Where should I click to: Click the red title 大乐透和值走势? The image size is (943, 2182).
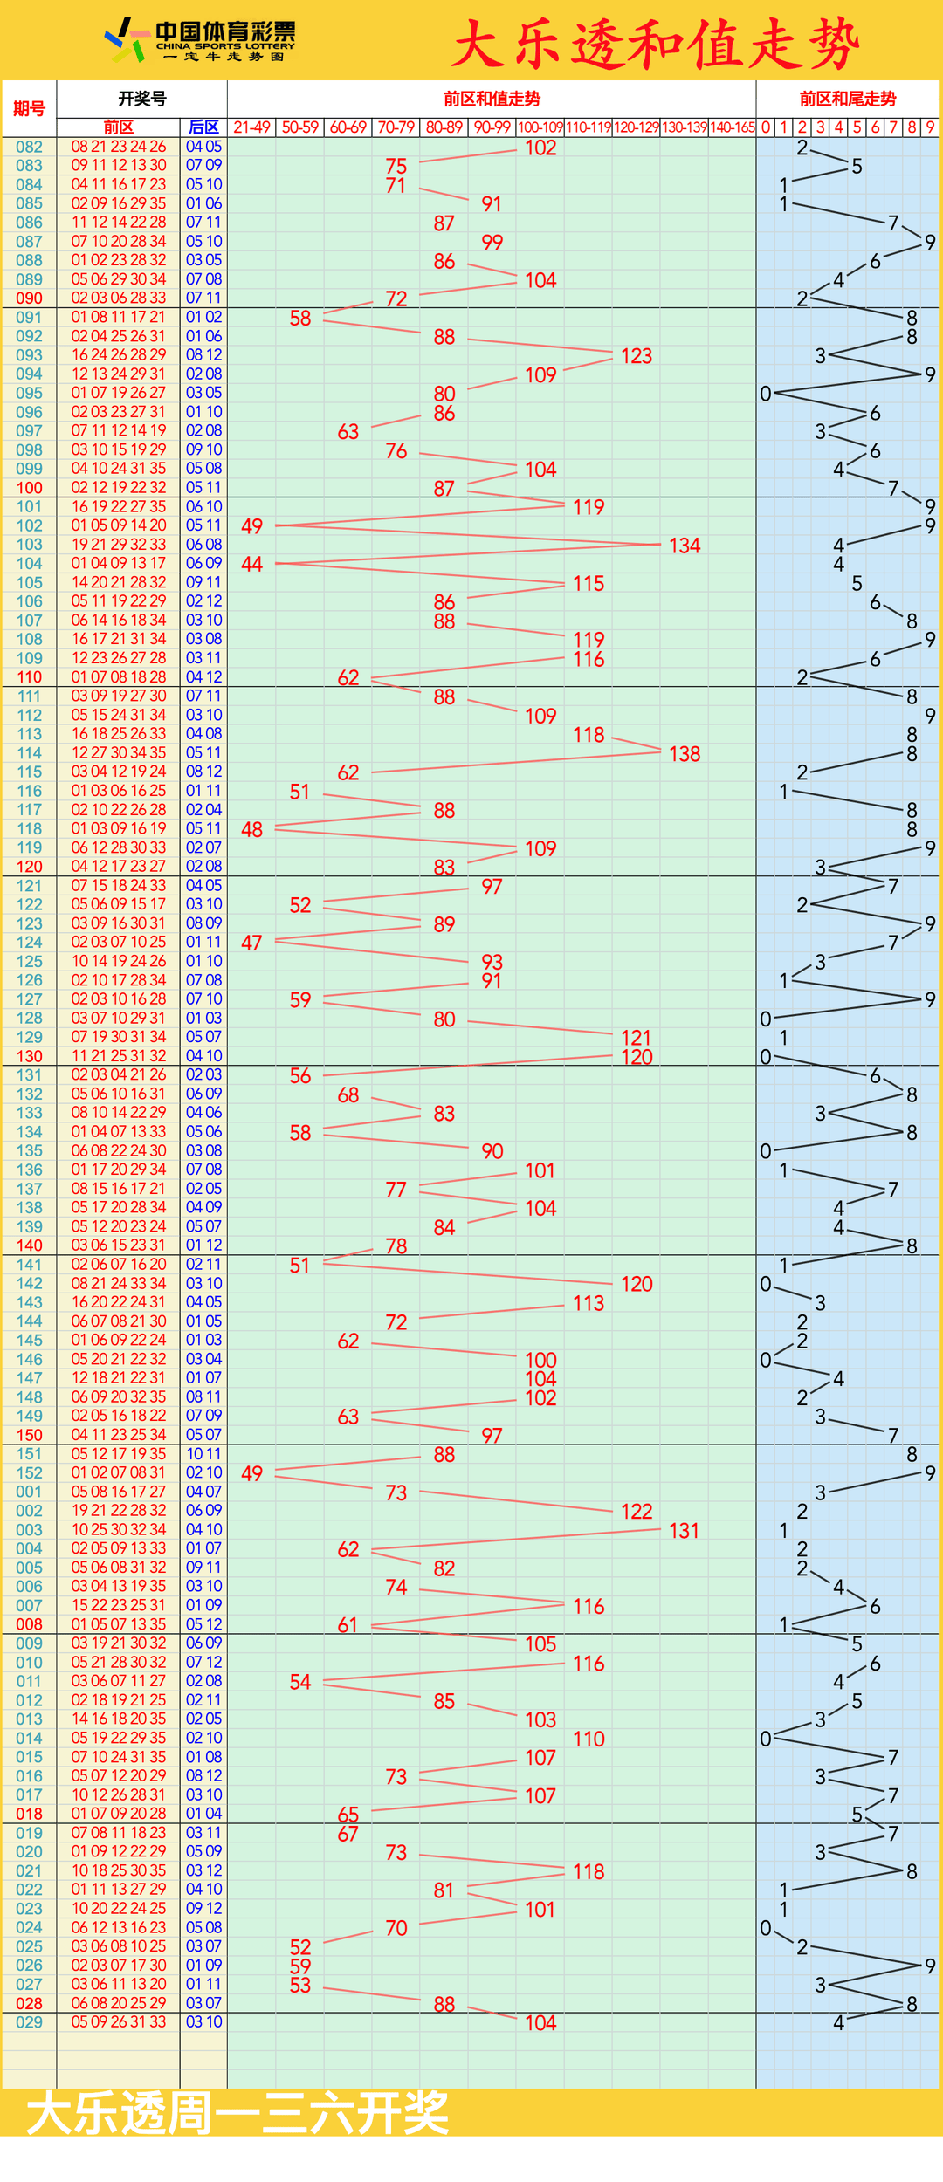(656, 44)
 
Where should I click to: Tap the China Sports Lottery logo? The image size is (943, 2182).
(201, 40)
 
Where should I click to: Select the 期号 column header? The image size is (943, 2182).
(29, 108)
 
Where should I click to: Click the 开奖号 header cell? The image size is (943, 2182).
(141, 99)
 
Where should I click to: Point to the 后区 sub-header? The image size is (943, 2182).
(203, 127)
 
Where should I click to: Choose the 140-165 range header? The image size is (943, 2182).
(732, 127)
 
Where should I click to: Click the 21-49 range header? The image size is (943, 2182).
(251, 127)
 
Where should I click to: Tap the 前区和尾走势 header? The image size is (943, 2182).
(847, 99)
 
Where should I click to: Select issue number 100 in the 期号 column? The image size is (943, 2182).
(29, 488)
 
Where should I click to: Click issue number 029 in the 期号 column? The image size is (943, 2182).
(29, 2022)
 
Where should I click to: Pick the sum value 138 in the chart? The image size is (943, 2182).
(685, 754)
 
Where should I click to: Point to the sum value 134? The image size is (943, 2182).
(685, 545)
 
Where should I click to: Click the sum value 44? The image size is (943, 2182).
(251, 564)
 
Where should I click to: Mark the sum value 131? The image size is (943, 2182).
(684, 1531)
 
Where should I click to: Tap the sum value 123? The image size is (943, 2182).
(637, 356)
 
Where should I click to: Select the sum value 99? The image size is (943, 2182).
(492, 242)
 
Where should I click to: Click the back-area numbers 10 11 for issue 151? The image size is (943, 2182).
(203, 1454)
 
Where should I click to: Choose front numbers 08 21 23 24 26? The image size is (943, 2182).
(119, 147)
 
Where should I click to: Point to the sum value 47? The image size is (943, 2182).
(251, 943)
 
